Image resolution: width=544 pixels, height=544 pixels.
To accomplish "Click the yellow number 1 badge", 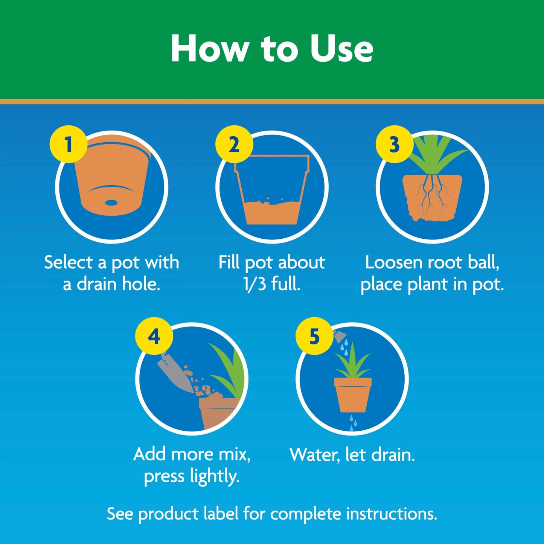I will [68, 144].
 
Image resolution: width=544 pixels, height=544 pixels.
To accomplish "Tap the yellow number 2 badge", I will [234, 144].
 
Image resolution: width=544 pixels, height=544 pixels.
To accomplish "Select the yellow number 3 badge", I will [394, 144].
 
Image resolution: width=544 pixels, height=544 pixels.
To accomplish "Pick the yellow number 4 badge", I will [154, 336].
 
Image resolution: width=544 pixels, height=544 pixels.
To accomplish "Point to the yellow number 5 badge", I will [314, 336].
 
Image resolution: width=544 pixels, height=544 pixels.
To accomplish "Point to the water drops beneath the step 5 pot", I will [352, 422].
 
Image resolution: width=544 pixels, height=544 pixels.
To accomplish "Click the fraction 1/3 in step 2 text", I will [254, 284].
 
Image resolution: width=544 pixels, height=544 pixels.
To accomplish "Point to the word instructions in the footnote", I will [392, 514].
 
